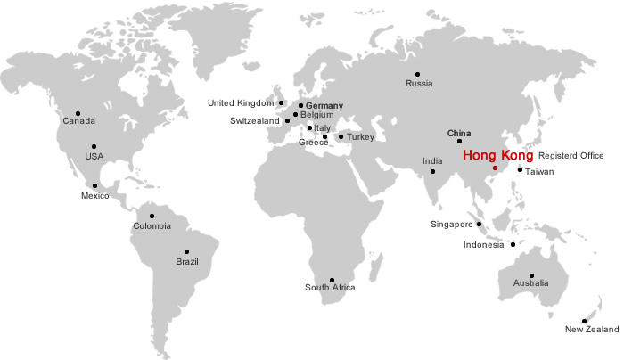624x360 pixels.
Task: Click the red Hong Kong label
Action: pyautogui.click(x=497, y=154)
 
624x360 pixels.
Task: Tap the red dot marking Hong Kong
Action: pyautogui.click(x=495, y=167)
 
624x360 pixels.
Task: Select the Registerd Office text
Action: pyautogui.click(x=571, y=155)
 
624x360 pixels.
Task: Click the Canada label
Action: pyautogui.click(x=78, y=120)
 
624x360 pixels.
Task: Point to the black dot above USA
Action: pyautogui.click(x=94, y=146)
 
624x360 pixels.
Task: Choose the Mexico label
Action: pyautogui.click(x=94, y=195)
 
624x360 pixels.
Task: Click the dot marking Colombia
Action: pyautogui.click(x=152, y=216)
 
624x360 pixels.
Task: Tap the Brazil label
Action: pyautogui.click(x=187, y=261)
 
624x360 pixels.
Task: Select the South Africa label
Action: pyautogui.click(x=330, y=287)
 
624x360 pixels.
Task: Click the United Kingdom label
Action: pyautogui.click(x=241, y=103)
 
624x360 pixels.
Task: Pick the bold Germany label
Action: pyautogui.click(x=324, y=106)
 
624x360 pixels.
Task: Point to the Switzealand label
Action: pyautogui.click(x=255, y=120)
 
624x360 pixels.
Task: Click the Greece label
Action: pyautogui.click(x=314, y=142)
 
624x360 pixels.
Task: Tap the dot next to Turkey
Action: pyautogui.click(x=341, y=136)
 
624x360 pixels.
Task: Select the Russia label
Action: pyautogui.click(x=419, y=84)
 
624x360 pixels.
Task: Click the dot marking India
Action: pyautogui.click(x=433, y=171)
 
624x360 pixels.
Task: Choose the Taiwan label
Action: pyautogui.click(x=539, y=171)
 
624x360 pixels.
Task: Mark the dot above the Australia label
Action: pyautogui.click(x=531, y=275)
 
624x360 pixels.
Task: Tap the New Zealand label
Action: pyautogui.click(x=591, y=331)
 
